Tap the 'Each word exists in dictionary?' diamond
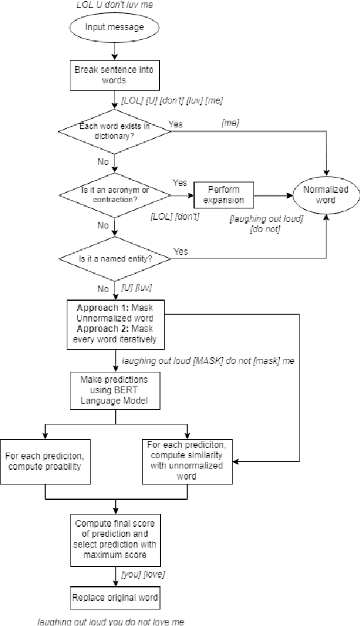coord(114,131)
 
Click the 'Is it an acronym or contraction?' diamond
coord(114,195)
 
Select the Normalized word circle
coord(326,195)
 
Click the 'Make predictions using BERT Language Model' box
coord(114,390)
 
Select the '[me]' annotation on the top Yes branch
coord(230,124)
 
